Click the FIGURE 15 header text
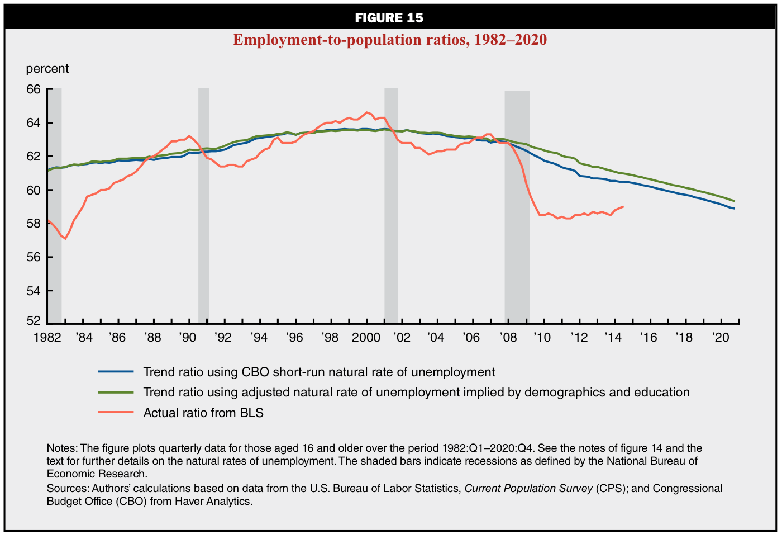click(389, 18)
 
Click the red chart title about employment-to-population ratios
click(389, 40)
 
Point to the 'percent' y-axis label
click(47, 69)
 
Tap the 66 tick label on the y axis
click(34, 89)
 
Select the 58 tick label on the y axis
click(34, 224)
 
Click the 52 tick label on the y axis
click(34, 321)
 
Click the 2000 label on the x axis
click(366, 338)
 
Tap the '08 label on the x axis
click(508, 338)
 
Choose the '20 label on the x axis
click(721, 338)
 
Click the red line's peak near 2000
click(367, 112)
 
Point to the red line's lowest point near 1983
click(65, 239)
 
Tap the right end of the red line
click(623, 206)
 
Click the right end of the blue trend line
click(734, 209)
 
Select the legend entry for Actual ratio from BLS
click(203, 413)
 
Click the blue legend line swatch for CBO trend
click(116, 372)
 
